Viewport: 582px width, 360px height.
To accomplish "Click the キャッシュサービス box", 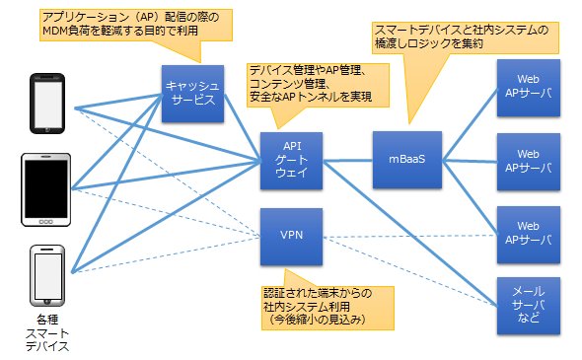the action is (192, 94).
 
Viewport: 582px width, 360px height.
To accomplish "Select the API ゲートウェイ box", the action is (291, 161).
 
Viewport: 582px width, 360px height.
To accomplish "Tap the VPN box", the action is (291, 237).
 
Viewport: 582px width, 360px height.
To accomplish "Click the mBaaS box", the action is (407, 160).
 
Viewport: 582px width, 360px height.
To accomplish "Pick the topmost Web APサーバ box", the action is (529, 88).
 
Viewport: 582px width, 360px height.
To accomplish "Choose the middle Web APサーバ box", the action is (529, 162).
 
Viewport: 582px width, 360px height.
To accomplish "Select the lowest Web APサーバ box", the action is (529, 235).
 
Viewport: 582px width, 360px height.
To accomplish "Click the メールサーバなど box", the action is (529, 306).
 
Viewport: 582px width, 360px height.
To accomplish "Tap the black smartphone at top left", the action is (47, 104).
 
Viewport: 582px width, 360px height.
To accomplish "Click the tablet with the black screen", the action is (46, 189).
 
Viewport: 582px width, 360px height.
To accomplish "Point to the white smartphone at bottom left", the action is (47, 275).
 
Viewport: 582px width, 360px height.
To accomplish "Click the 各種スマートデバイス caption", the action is (47, 333).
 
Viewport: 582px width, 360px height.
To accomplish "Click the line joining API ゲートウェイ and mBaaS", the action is (348, 161).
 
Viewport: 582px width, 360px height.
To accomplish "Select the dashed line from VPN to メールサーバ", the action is (410, 271).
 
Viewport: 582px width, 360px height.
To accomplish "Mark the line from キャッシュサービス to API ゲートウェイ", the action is (243, 127).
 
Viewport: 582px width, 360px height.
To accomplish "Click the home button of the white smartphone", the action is (47, 302).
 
